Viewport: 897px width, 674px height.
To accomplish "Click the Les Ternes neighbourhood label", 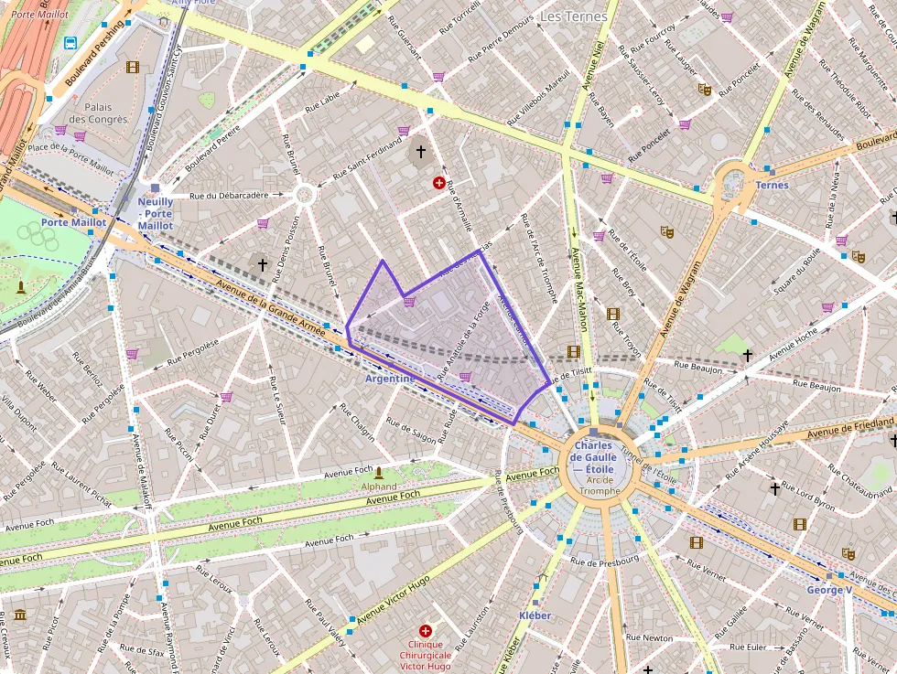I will pyautogui.click(x=573, y=16).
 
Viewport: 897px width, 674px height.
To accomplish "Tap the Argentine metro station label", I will pyautogui.click(x=390, y=378).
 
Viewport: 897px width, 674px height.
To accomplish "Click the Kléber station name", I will pyautogui.click(x=535, y=615).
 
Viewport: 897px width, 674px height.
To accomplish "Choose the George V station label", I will pyautogui.click(x=829, y=590).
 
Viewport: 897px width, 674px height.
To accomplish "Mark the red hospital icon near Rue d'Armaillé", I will pyautogui.click(x=441, y=183).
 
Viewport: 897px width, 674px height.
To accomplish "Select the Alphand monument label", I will pyautogui.click(x=379, y=487).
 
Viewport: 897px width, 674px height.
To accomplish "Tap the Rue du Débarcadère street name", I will pyautogui.click(x=229, y=195).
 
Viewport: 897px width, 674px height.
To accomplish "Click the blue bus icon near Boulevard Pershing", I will pyautogui.click(x=70, y=42).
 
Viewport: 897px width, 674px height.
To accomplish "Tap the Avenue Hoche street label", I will pyautogui.click(x=794, y=344).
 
